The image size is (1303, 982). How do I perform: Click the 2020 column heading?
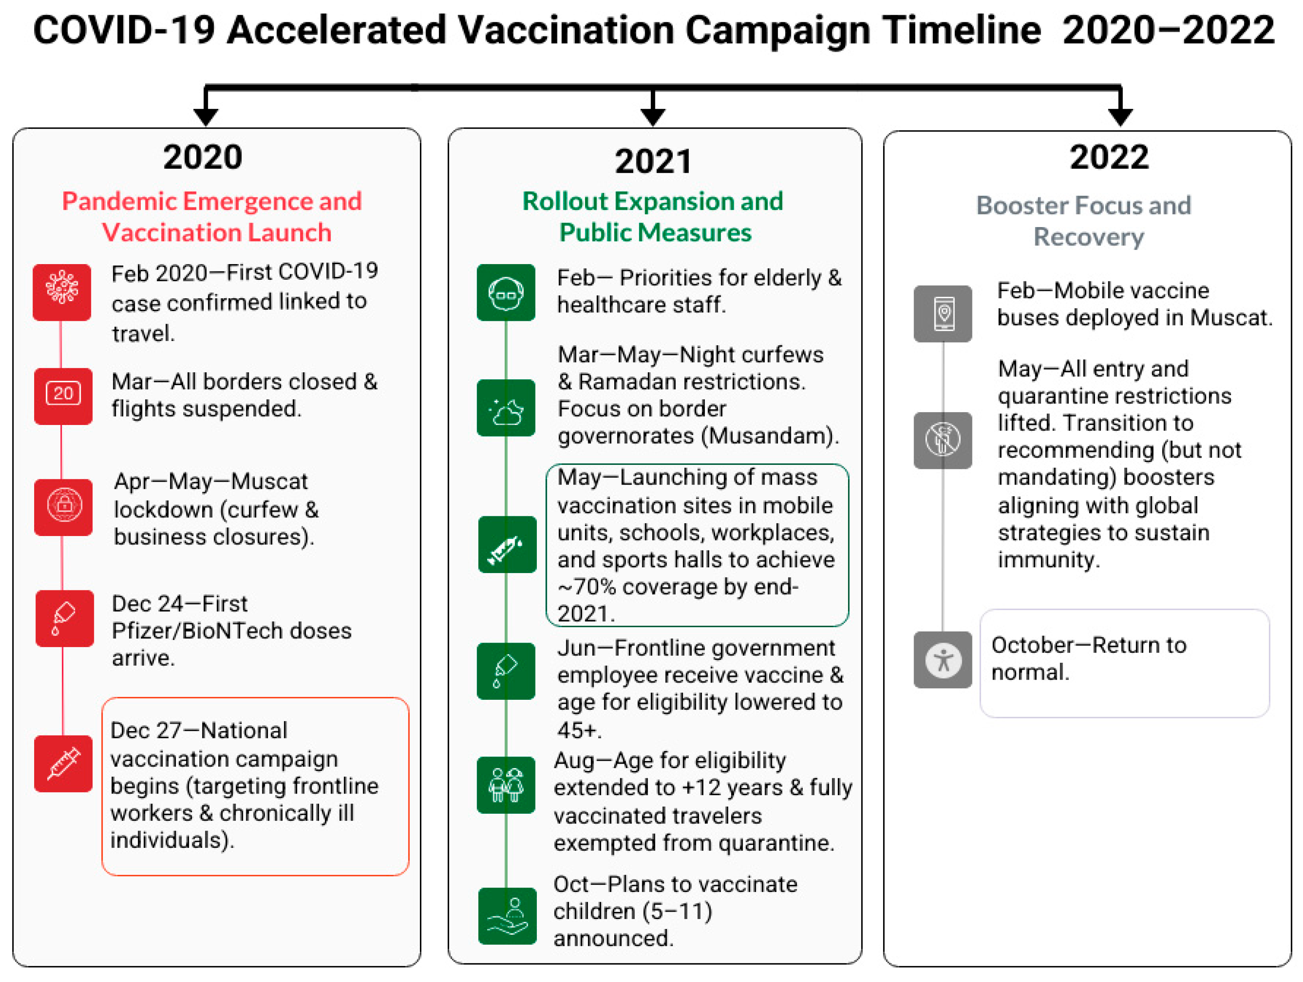tap(203, 157)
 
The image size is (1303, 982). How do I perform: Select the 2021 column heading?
tap(653, 161)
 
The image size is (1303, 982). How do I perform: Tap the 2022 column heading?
tap(1109, 157)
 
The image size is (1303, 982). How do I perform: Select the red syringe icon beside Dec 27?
tap(64, 764)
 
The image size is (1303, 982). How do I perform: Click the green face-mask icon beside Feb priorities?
tap(506, 292)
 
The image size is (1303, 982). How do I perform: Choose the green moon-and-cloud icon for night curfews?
tap(506, 408)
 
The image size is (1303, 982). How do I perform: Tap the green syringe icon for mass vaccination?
tap(507, 545)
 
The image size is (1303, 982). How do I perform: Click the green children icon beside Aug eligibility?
tap(506, 785)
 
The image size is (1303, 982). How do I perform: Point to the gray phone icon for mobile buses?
tap(943, 314)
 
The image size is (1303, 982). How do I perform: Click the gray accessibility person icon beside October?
tap(943, 659)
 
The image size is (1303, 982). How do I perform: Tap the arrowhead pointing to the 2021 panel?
tap(653, 116)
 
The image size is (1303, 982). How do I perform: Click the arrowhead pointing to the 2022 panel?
tap(1120, 116)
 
